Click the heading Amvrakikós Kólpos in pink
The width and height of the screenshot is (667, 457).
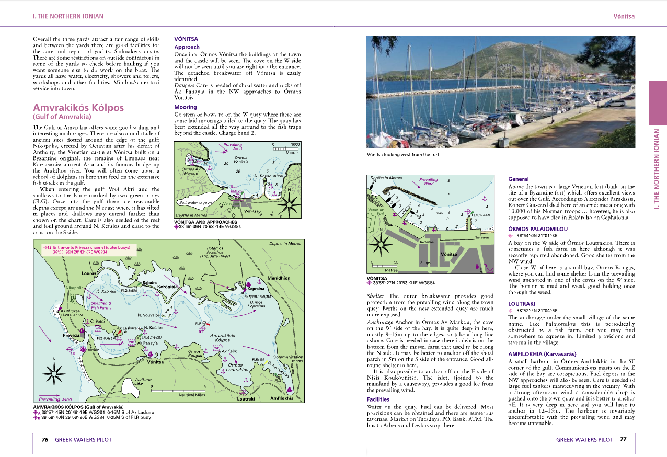coord(78,108)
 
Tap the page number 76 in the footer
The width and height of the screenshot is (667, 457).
coord(45,440)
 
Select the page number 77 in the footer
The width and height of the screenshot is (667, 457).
coord(623,440)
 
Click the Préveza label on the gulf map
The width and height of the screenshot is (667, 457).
coord(71,335)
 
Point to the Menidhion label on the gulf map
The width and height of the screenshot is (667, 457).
coord(278,278)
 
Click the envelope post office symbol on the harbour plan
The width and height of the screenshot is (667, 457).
coord(490,270)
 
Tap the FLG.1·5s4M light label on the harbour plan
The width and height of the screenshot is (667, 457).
coord(480,215)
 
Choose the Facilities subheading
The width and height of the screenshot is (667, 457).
coord(378,399)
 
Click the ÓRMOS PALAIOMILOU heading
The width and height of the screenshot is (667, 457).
coord(537,229)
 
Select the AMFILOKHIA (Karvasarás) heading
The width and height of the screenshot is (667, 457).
coord(542,354)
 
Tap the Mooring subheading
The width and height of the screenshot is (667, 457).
coord(186,107)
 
